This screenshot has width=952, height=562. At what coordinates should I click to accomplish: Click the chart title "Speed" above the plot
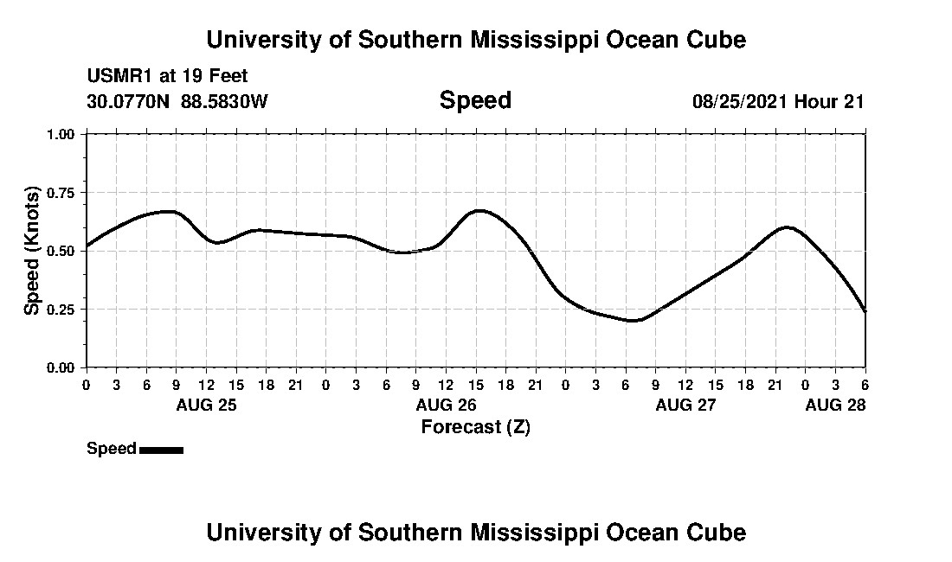pos(475,100)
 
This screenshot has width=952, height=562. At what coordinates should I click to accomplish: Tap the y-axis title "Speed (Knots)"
pos(32,250)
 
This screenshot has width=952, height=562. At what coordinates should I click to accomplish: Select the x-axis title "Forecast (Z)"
pos(475,426)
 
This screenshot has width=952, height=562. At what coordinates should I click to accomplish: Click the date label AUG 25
pos(206,405)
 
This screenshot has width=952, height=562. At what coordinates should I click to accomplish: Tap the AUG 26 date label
pos(446,405)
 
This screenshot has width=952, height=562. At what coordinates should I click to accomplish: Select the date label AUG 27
pos(685,405)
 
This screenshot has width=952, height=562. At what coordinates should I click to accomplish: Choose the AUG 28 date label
pos(835,405)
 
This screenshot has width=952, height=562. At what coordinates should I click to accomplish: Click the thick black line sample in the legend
pos(161,450)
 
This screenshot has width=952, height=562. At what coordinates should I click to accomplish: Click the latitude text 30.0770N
pos(130,101)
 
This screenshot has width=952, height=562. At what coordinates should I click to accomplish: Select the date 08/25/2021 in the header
pos(740,101)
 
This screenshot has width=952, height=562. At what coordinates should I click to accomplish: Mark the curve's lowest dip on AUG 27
pos(634,321)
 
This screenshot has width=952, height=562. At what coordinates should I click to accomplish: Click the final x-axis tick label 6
pos(865,384)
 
